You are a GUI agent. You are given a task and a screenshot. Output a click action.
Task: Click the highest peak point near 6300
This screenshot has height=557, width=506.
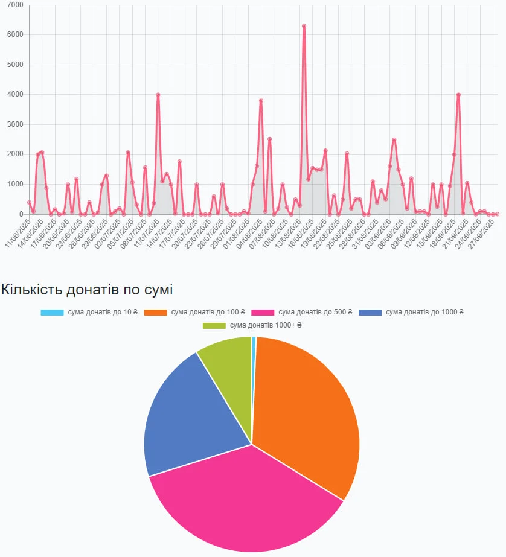304,26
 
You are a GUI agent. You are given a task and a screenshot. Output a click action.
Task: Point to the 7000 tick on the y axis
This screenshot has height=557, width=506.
14,5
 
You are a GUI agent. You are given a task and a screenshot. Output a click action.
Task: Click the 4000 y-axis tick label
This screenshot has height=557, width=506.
14,95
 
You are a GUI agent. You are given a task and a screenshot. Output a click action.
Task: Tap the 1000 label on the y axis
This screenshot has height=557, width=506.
14,184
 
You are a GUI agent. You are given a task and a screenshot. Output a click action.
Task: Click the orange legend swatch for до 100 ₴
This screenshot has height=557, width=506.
156,313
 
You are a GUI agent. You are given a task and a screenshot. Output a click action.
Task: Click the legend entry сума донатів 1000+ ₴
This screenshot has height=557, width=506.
266,326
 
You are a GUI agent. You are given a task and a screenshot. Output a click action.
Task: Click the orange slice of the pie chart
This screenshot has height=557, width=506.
308,410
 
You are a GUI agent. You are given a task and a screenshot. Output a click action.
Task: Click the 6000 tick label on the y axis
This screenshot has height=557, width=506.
14,35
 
